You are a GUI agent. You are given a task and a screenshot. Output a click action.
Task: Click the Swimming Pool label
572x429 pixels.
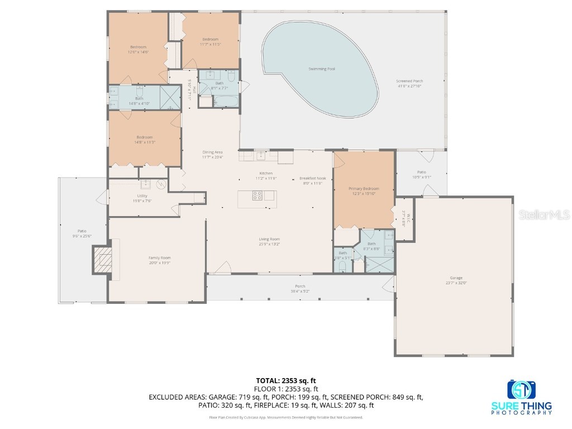(x=322, y=69)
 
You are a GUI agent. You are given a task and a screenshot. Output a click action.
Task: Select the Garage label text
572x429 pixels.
(x=456, y=278)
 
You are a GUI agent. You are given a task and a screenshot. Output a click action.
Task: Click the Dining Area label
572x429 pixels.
(x=212, y=152)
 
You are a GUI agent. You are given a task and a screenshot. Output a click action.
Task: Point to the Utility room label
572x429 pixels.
(x=142, y=196)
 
